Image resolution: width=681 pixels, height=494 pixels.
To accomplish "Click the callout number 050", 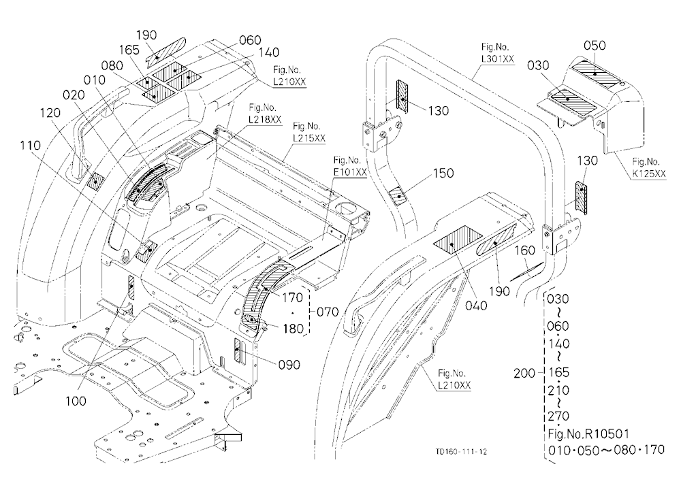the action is (595, 46).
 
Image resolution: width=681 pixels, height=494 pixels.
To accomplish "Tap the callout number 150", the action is (443, 173).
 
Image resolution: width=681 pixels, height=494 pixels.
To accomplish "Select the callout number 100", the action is (76, 401).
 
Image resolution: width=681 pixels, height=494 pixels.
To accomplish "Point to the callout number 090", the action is (289, 365).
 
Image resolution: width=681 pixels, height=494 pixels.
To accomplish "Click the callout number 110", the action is (30, 145).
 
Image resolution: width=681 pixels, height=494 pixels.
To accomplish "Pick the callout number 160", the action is (524, 250).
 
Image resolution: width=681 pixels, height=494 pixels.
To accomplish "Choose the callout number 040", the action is (476, 306).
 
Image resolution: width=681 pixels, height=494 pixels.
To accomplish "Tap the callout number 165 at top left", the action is (129, 50).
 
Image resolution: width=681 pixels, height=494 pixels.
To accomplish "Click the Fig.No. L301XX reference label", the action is (495, 52).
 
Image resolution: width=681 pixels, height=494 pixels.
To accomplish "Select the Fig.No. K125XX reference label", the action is (649, 167).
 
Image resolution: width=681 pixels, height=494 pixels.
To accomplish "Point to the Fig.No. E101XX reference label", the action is (350, 166).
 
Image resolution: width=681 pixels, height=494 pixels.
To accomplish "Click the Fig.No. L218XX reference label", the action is (265, 114).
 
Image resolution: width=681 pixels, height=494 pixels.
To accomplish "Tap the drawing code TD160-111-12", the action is (461, 451).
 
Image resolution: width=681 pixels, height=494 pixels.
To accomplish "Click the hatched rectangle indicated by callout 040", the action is (458, 237).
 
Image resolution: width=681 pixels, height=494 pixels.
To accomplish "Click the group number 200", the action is (524, 373).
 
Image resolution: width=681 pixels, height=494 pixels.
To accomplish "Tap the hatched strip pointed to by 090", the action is (237, 350).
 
